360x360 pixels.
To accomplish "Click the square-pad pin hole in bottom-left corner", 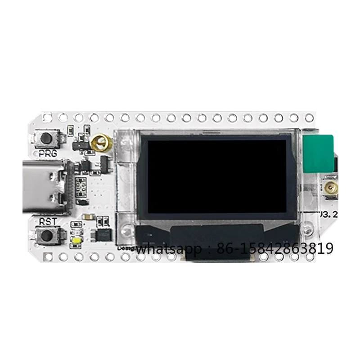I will click(47, 257).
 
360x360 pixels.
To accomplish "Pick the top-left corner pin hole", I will click(47, 118).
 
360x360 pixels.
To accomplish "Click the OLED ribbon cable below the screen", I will click(218, 252).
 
